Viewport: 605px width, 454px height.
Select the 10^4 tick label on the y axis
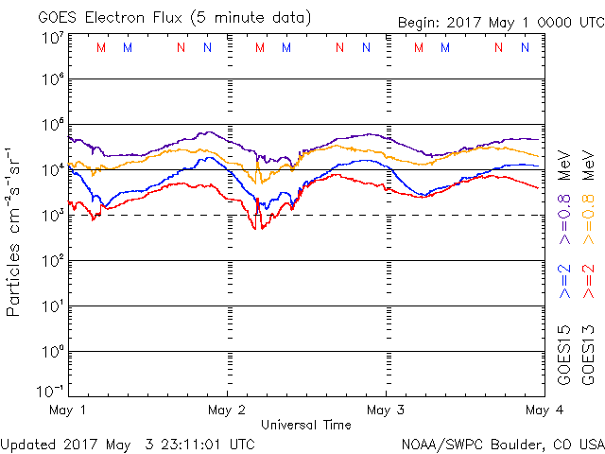pos(52,169)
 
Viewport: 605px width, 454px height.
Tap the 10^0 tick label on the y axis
pos(52,351)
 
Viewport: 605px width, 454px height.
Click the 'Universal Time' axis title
pos(305,425)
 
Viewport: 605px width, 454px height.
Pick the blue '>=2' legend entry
pos(563,282)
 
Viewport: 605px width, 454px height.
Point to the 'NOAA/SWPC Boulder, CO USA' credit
pos(502,444)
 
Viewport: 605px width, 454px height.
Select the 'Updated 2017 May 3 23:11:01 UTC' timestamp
pos(128,444)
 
